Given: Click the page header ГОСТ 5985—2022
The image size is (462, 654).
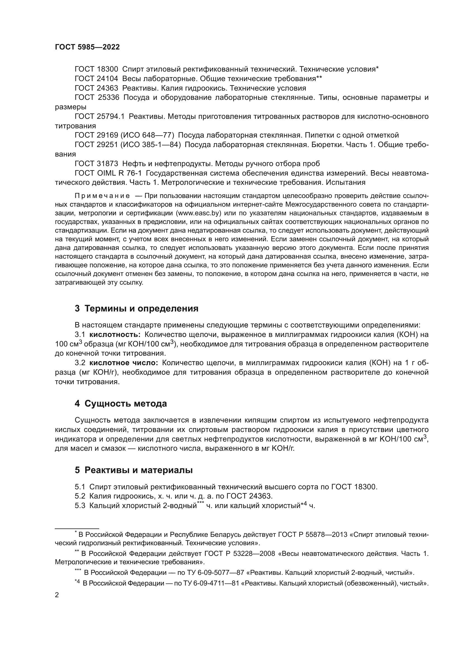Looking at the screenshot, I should [87, 47].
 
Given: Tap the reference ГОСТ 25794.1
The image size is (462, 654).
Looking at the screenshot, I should [99, 117].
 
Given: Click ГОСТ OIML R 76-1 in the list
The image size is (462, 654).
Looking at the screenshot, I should [108, 173].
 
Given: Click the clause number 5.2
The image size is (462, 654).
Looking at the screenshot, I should [80, 496].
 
